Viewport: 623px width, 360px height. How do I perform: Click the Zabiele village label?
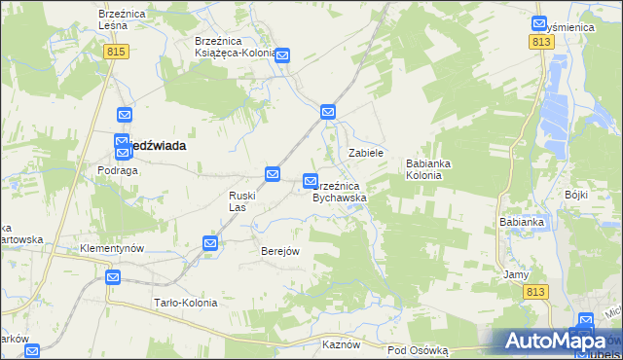tap(367, 154)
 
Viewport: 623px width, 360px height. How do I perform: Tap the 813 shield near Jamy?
tap(536, 291)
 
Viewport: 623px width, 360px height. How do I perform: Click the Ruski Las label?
tap(242, 201)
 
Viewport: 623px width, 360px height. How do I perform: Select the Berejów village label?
tap(279, 251)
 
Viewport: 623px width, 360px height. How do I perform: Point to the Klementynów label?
tap(112, 248)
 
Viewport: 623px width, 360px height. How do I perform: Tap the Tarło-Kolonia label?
tap(185, 303)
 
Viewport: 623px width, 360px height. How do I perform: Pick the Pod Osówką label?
tap(417, 349)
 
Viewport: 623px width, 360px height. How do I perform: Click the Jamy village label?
tap(516, 274)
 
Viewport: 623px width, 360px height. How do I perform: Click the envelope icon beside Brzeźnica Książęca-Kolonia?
tap(282, 56)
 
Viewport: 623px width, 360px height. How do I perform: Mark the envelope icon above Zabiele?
tap(329, 113)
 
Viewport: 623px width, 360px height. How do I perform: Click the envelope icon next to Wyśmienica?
tap(540, 23)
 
